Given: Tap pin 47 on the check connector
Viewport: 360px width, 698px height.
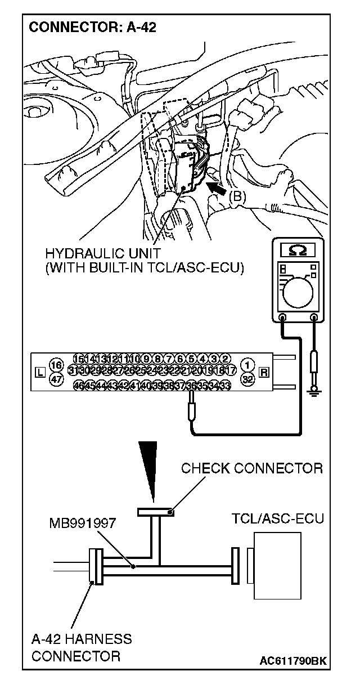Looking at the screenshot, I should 55,379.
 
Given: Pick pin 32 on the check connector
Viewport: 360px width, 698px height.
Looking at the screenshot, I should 247,379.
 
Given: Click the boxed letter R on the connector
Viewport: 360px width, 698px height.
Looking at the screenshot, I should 264,372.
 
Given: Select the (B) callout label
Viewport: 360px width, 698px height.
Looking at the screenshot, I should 237,196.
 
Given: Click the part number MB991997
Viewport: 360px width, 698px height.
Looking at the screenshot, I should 82,523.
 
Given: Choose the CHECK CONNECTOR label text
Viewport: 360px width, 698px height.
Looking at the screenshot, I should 251,468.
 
